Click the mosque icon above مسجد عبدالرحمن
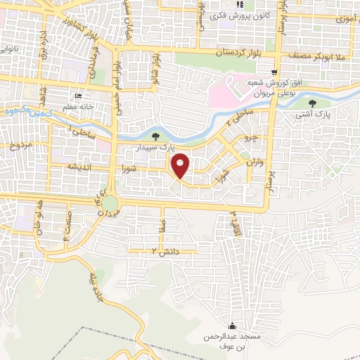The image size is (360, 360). (233, 326)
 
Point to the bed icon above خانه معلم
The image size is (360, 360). (77, 96)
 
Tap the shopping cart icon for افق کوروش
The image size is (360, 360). (274, 72)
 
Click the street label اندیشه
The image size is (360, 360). (61, 167)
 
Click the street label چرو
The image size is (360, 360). (250, 137)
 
